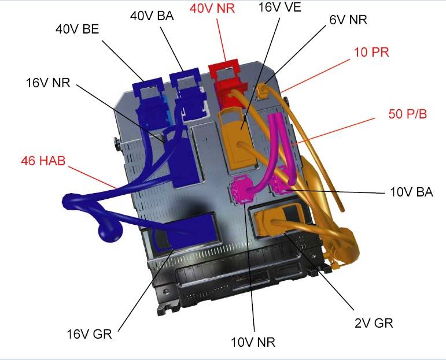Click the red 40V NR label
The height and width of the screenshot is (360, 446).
212,9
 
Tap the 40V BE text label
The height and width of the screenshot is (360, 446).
78,29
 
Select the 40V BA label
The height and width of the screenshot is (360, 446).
152,16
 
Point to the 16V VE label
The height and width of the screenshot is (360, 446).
279,7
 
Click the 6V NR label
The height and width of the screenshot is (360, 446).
348,20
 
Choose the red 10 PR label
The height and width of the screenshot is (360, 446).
371,52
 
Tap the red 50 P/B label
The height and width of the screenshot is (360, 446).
408,114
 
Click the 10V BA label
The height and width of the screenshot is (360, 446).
411,192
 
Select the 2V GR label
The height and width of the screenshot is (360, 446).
374,323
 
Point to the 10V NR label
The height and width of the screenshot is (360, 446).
253,342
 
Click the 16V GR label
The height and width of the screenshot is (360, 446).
89,334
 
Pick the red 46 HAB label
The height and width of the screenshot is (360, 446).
43,161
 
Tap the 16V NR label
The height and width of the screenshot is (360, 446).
48,83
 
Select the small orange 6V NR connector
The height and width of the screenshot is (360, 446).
261,91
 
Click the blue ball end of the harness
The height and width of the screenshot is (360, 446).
110,231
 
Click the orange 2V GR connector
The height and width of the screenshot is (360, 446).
277,220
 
